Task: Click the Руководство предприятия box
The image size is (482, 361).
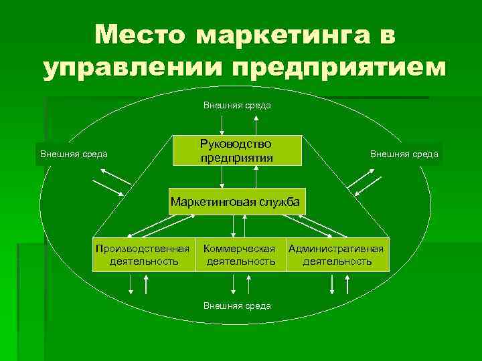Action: click(237, 150)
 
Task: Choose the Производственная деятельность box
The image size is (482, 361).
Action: click(142, 255)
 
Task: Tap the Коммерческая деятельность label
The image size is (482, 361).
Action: click(240, 255)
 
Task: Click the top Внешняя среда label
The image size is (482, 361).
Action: click(237, 105)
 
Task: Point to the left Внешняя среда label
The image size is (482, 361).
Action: click(74, 154)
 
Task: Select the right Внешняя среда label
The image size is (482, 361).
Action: click(404, 154)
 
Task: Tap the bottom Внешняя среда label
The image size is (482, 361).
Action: click(237, 306)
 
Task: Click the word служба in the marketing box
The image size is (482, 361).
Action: click(278, 201)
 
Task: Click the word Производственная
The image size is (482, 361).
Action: click(142, 249)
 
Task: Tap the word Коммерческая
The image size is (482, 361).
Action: click(240, 249)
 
